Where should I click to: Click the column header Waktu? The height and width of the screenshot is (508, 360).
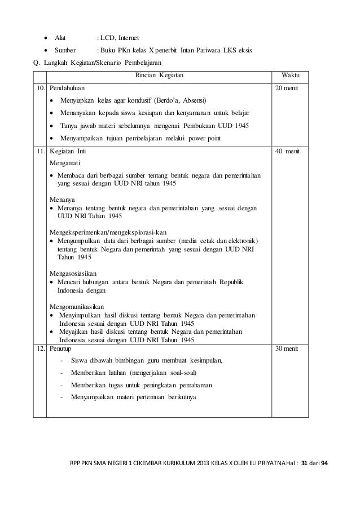click(x=289, y=75)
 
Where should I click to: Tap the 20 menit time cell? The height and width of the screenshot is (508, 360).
click(x=287, y=89)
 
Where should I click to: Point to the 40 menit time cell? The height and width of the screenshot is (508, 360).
click(x=288, y=152)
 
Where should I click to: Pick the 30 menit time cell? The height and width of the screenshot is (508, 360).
click(x=287, y=349)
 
